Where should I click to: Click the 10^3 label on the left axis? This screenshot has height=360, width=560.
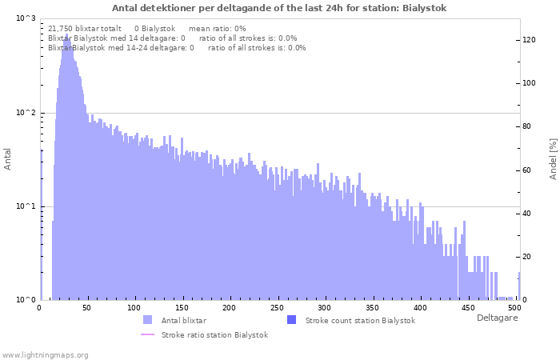(x=26, y=18)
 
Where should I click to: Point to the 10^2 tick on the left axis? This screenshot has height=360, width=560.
(x=26, y=113)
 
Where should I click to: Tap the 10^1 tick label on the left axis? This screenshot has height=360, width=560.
(x=26, y=206)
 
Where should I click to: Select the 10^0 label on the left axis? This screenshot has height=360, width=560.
(x=26, y=300)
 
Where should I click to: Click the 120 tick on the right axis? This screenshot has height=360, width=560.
(x=529, y=39)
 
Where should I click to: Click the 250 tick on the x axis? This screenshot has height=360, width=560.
(x=277, y=308)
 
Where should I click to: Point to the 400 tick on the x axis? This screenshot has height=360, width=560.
(x=420, y=308)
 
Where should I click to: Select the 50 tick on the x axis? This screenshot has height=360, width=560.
(x=86, y=308)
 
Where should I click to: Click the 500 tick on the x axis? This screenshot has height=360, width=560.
(x=514, y=308)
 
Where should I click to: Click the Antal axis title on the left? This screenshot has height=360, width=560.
(x=8, y=160)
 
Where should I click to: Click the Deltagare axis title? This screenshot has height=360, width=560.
(x=497, y=318)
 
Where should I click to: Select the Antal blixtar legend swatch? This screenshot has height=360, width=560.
(x=147, y=320)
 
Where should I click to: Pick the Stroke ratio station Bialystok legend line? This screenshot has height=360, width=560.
(x=147, y=335)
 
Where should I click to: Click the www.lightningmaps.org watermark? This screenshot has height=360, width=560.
(x=46, y=354)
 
